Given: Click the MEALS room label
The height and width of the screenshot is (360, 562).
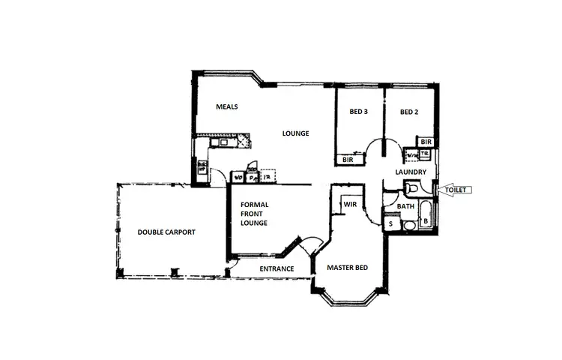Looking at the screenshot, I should pos(227,106).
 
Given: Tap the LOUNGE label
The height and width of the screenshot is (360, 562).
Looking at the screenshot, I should pos(295,133).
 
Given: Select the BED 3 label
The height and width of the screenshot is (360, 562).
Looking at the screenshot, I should pos(358,112).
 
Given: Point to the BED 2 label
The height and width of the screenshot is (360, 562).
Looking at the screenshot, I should pos(408,112).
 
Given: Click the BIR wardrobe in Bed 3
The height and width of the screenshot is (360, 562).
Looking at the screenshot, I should pos(348,160).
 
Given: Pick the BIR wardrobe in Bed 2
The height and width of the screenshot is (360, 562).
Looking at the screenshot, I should pos(426,142).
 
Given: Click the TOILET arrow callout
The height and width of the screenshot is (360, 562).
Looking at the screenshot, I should pos(455,190).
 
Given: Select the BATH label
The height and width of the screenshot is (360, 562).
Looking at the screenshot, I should pos(405,206).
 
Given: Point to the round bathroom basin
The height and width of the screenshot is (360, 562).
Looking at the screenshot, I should pos(409,225).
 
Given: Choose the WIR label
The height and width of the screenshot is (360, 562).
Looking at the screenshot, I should pos(349,204).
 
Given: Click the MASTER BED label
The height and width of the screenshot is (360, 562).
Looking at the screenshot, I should pos(347,267).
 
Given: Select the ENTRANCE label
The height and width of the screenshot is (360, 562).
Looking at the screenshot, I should pos(276,268).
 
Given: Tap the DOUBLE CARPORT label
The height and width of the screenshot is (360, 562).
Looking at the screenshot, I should pos(166,232).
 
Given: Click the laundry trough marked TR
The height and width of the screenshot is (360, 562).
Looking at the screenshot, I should pos(424,155).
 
